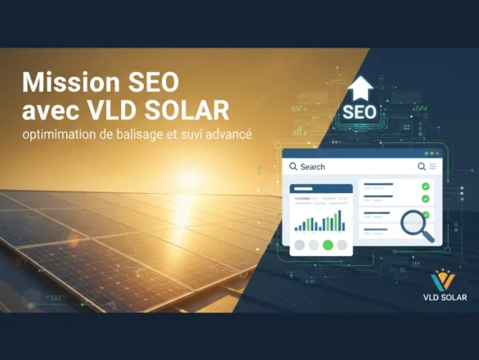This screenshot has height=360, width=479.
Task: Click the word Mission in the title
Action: click(66, 83)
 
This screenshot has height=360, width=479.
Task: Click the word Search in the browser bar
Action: click(312, 167)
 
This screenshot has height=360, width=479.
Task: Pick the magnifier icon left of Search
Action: click(293, 167)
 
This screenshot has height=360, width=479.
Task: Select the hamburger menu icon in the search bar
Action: click(432, 166)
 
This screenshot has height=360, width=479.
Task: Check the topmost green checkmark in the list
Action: click(425, 187)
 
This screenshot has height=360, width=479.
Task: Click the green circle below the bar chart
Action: click(328, 245)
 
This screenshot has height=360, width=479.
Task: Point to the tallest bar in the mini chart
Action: click(335, 221)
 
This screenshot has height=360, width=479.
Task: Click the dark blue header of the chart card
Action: click(321, 189)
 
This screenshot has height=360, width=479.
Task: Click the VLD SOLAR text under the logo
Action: click(442, 298)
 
